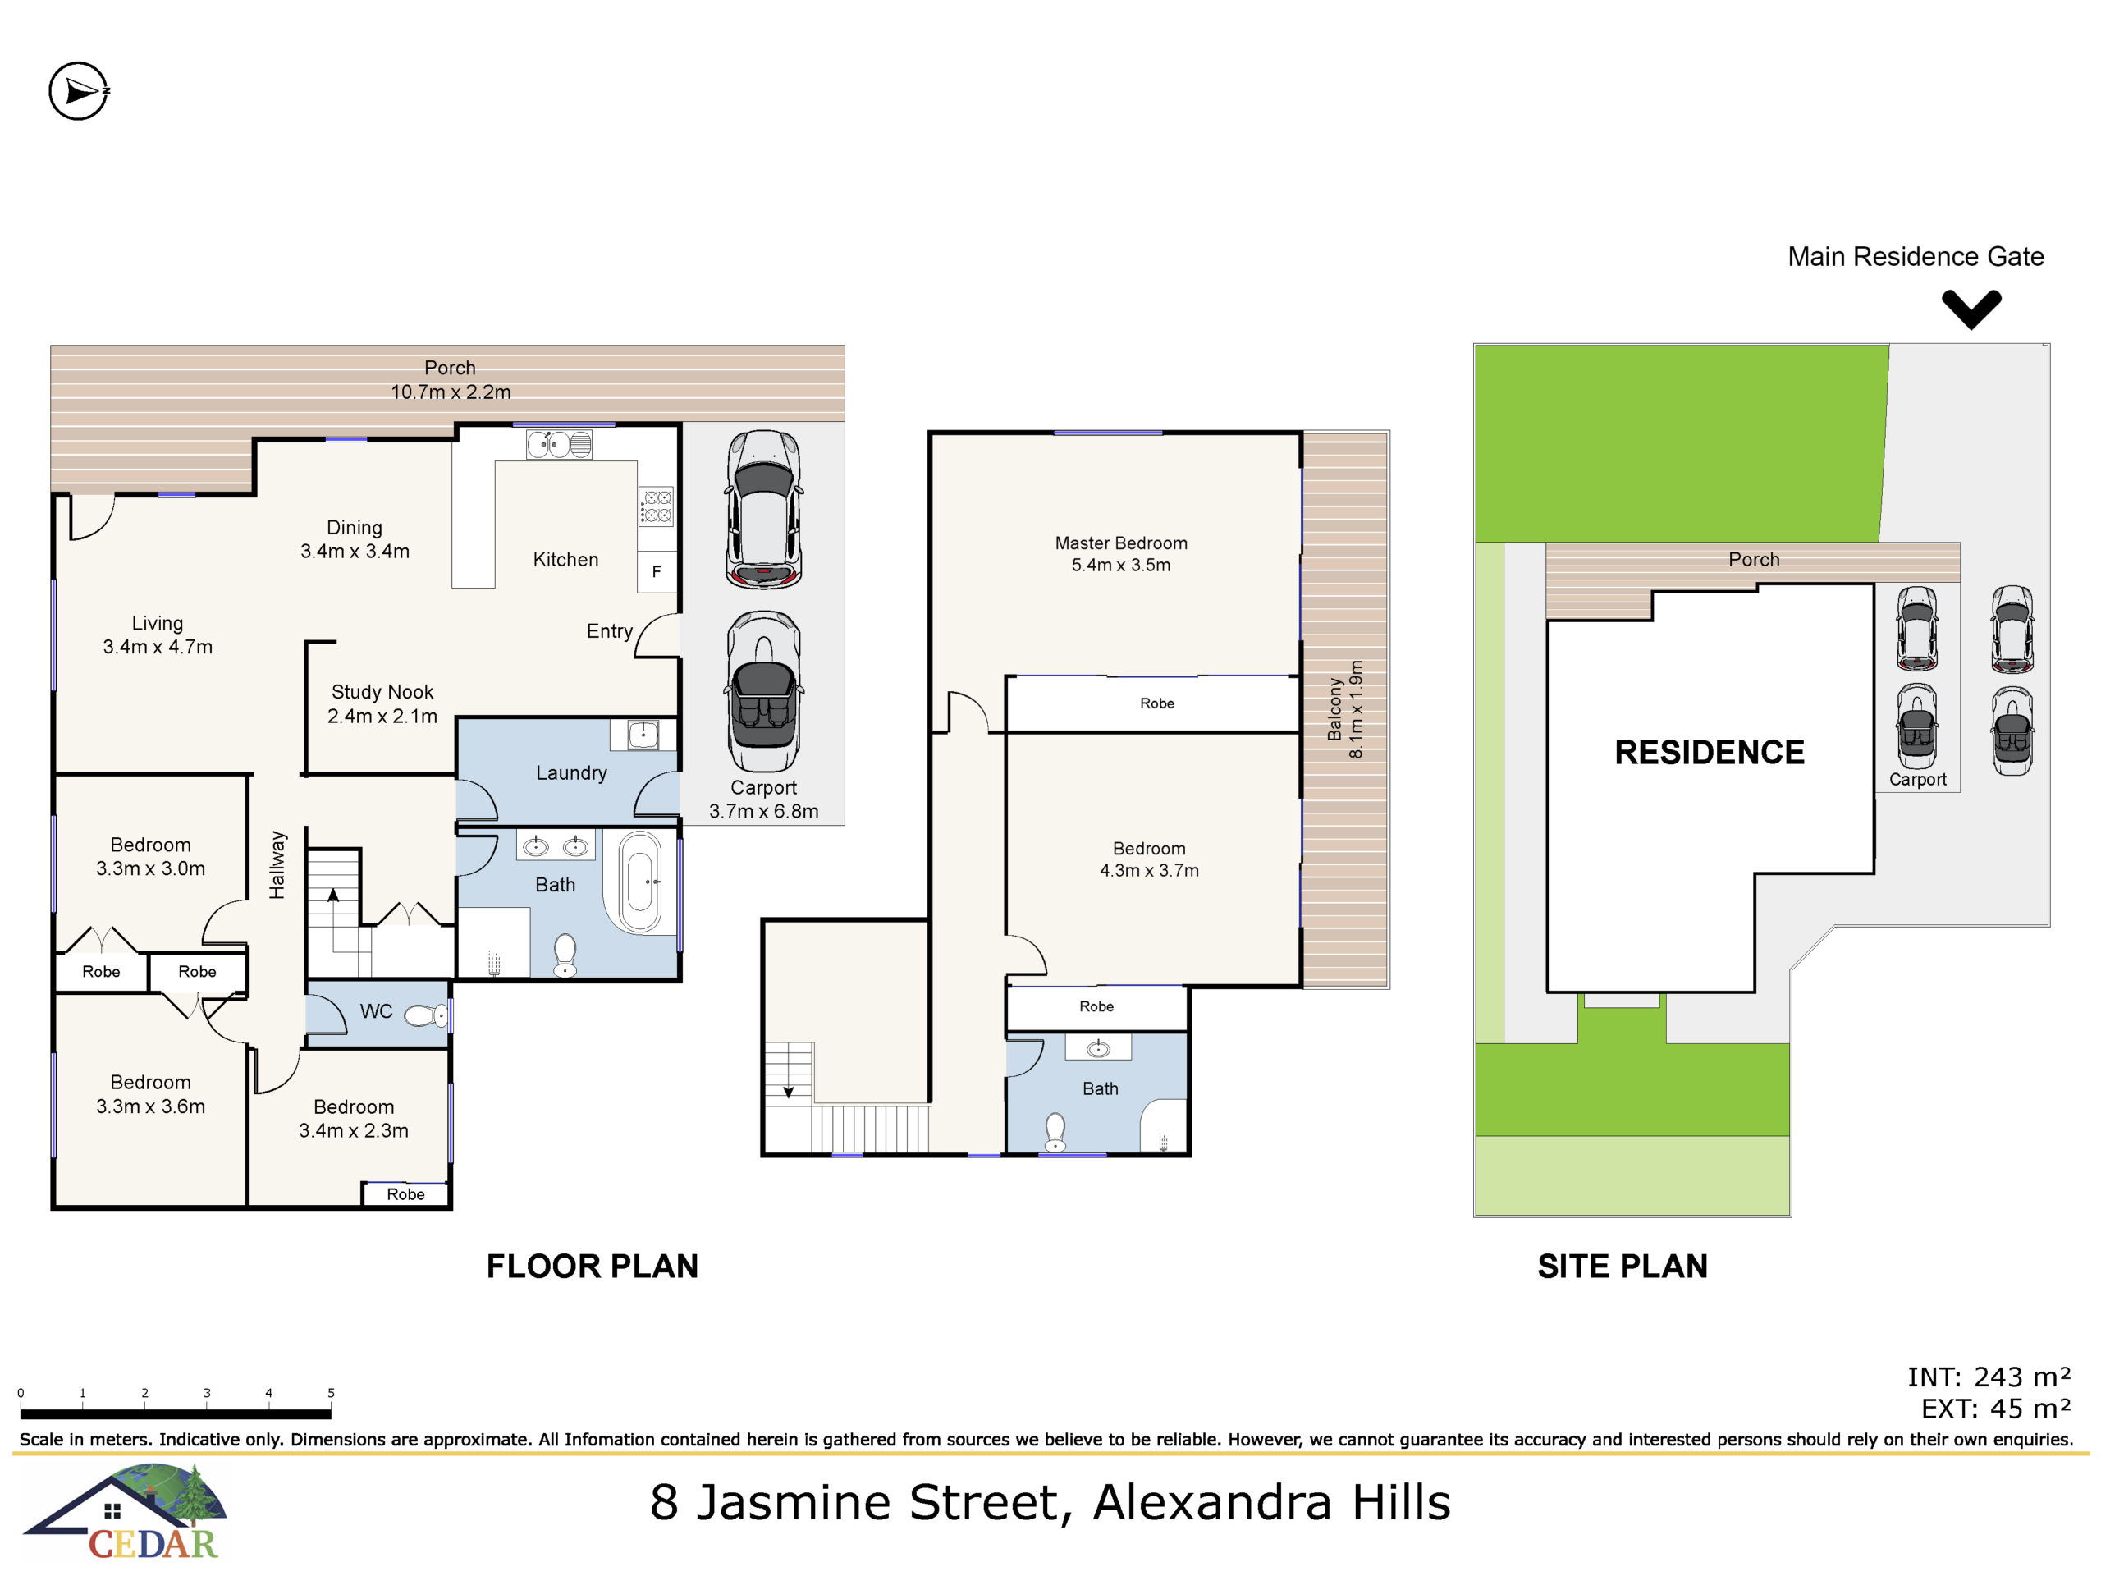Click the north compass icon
79,91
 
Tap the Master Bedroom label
1121,554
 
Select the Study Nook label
382,704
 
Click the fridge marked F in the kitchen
657,572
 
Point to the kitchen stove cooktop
657,506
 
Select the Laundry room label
571,773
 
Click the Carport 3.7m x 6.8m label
763,799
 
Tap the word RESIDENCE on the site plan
1710,753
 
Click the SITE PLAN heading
1623,1267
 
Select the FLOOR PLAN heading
593,1267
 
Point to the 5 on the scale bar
331,1393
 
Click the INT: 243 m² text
1989,1377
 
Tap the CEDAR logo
126,1512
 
